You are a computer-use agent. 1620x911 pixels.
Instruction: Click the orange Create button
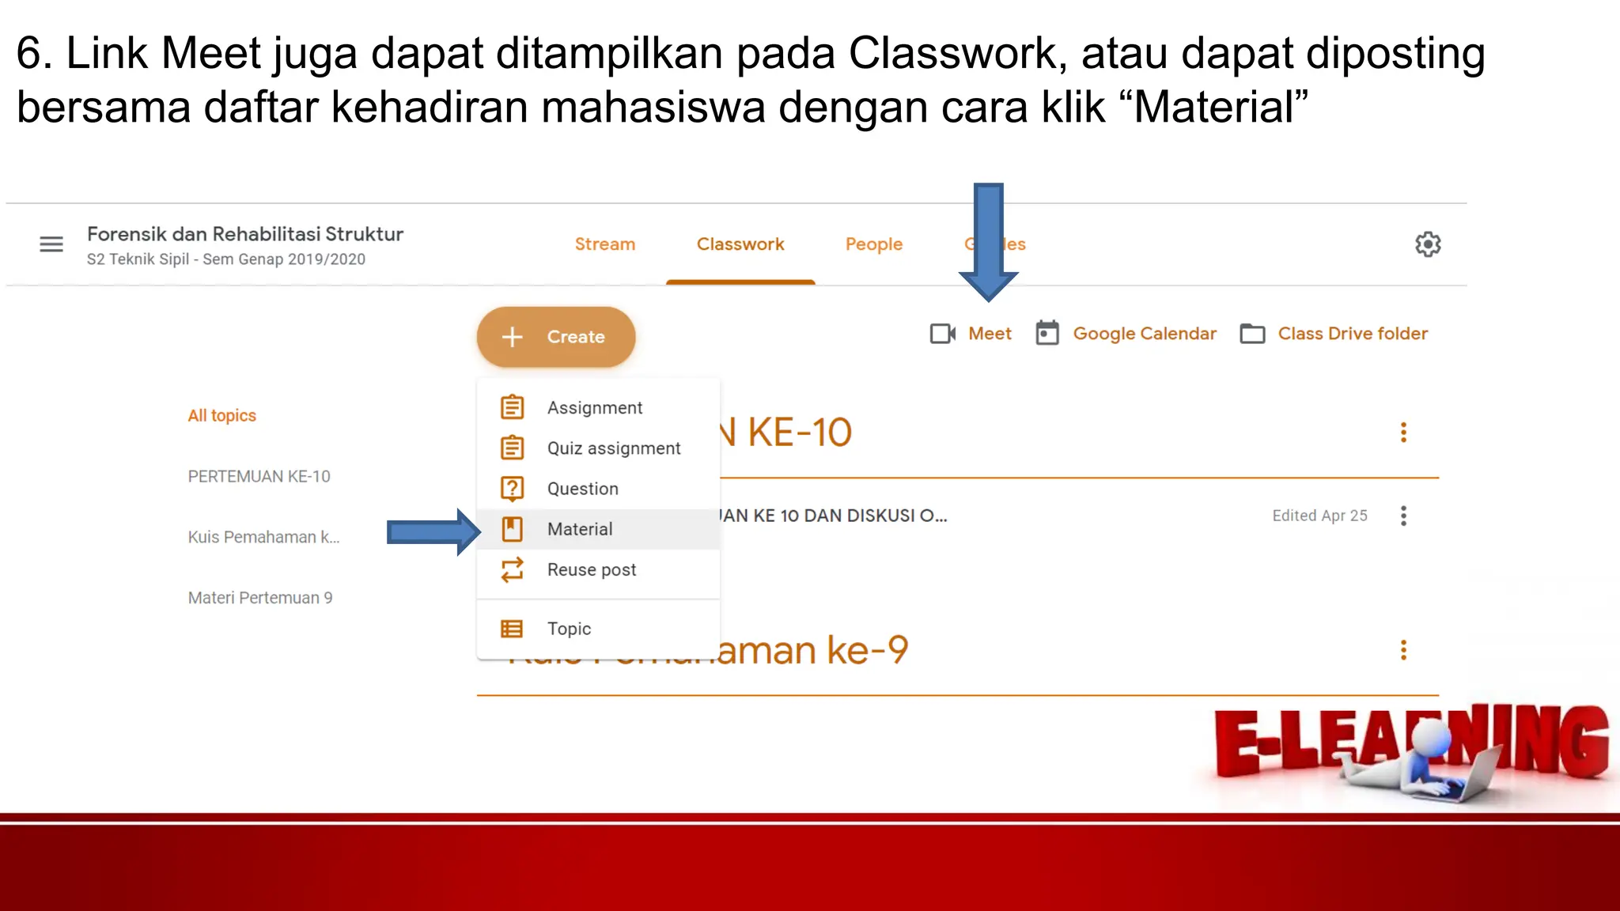pyautogui.click(x=555, y=337)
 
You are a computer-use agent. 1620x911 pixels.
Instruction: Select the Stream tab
pyautogui.click(x=604, y=244)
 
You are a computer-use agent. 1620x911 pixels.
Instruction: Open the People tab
pyautogui.click(x=873, y=244)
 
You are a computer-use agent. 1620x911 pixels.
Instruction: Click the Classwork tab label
pyautogui.click(x=740, y=244)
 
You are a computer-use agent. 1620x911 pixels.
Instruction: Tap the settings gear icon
pyautogui.click(x=1427, y=244)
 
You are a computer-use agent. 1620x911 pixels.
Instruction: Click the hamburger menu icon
pyautogui.click(x=51, y=244)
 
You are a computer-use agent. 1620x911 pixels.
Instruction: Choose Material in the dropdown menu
pyautogui.click(x=580, y=529)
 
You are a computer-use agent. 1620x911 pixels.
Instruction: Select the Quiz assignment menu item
pyautogui.click(x=613, y=448)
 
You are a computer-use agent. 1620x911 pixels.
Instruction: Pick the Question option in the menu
pyautogui.click(x=582, y=489)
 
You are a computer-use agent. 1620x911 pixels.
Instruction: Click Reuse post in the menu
pyautogui.click(x=591, y=570)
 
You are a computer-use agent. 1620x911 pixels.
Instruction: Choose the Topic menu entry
pyautogui.click(x=569, y=629)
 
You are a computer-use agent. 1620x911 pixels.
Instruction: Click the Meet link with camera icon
pyautogui.click(x=971, y=334)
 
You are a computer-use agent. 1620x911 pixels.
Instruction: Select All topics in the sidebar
pyautogui.click(x=221, y=416)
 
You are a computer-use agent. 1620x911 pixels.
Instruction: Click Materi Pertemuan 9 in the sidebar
pyautogui.click(x=259, y=598)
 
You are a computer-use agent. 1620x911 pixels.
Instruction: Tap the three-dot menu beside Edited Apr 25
pyautogui.click(x=1403, y=516)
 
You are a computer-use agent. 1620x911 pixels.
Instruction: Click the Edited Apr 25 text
pyautogui.click(x=1319, y=516)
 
